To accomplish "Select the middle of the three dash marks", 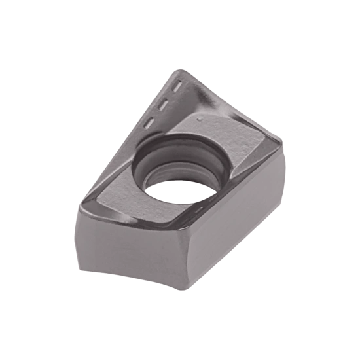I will click(164, 102).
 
